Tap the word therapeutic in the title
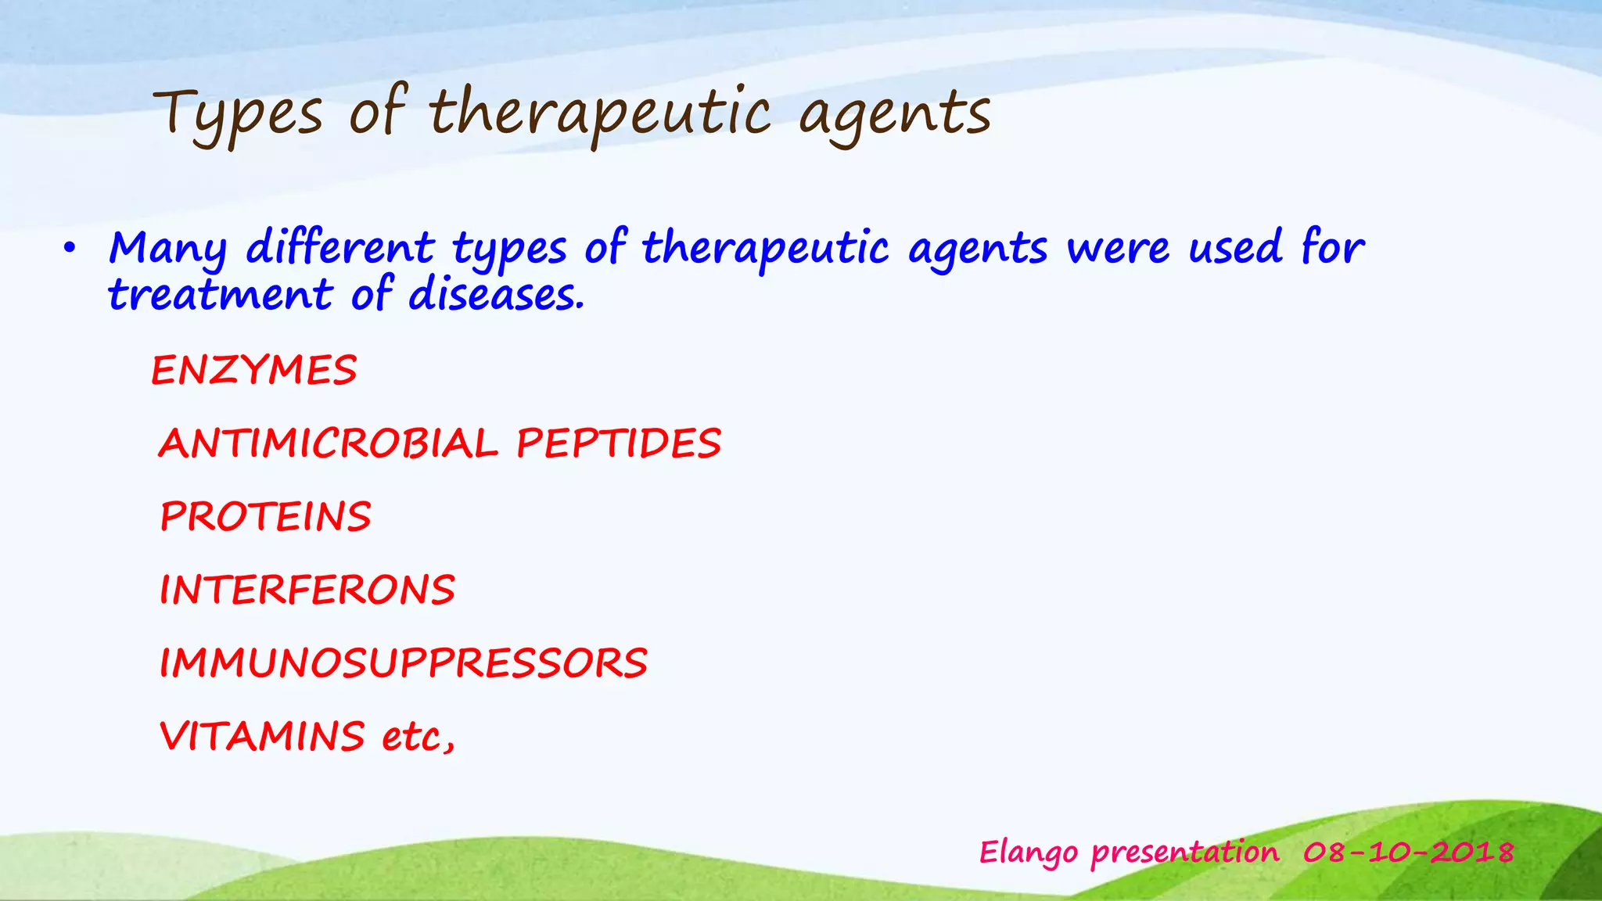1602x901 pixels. click(x=600, y=115)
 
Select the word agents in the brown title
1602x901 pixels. click(x=895, y=115)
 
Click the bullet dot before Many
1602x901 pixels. click(x=70, y=249)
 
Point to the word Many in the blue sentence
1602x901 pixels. click(x=167, y=249)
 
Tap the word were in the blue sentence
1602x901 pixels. click(x=1119, y=249)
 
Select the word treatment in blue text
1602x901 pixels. click(x=220, y=296)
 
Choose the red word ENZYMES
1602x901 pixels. click(x=254, y=370)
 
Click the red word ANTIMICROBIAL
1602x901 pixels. click(x=329, y=443)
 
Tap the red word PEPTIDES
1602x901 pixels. click(x=618, y=443)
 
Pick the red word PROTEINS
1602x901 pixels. click(x=266, y=516)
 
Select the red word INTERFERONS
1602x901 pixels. click(x=307, y=590)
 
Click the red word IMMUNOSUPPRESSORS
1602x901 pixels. click(x=403, y=663)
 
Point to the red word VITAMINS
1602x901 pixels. click(x=262, y=736)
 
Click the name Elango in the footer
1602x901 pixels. click(x=1029, y=853)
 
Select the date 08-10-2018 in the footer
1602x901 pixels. click(x=1408, y=852)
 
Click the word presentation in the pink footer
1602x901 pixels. click(x=1184, y=853)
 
